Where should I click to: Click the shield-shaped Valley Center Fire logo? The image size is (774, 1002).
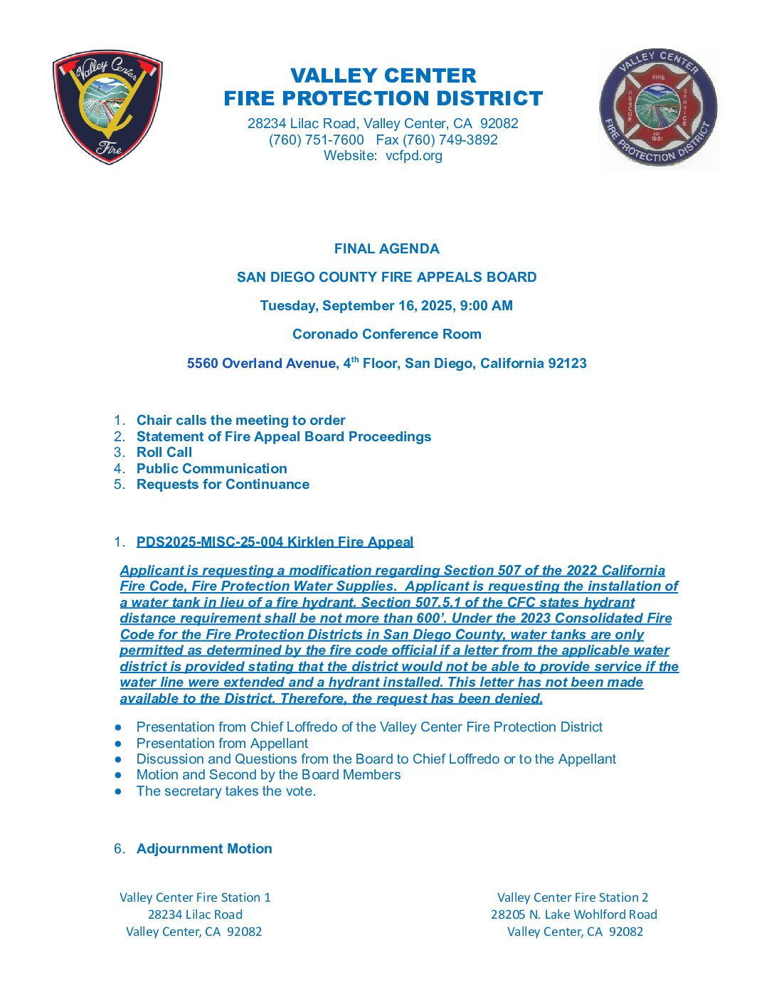(107, 107)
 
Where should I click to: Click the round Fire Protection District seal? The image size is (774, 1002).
(658, 108)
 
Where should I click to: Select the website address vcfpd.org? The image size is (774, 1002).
(413, 155)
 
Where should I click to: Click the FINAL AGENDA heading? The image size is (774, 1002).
(386, 248)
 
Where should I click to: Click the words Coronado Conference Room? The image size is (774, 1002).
(386, 334)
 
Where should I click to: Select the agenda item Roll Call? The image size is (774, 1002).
(164, 452)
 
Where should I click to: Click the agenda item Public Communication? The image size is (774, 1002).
(212, 468)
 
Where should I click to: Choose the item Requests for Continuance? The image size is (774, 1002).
(223, 484)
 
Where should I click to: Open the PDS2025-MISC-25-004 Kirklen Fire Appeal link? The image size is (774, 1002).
(275, 542)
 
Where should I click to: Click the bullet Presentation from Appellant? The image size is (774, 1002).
(222, 743)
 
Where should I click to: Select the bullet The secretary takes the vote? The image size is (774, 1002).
(226, 791)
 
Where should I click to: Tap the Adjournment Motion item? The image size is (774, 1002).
(204, 848)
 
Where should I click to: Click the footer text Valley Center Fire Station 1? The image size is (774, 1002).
(195, 897)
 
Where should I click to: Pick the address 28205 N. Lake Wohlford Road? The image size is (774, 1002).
(573, 914)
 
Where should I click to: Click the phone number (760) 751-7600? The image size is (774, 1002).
(317, 139)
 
